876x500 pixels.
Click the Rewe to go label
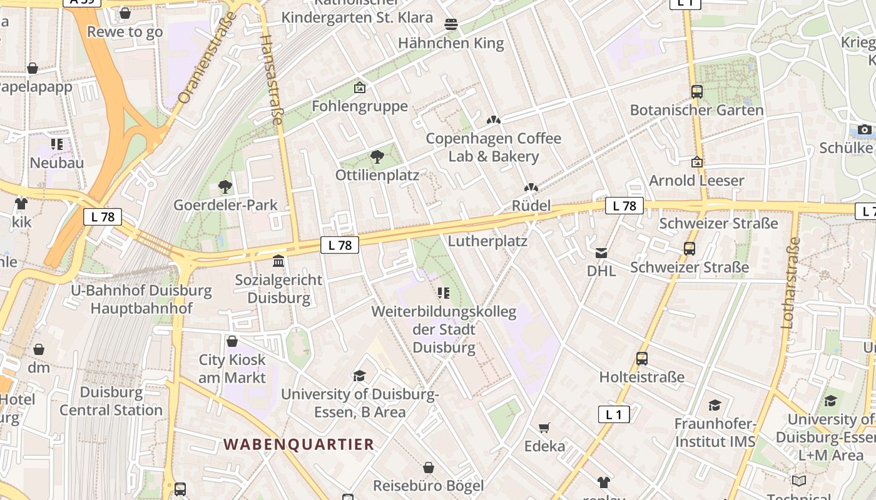[125, 32]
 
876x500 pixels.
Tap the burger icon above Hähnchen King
[451, 24]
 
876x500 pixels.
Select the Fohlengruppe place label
[360, 106]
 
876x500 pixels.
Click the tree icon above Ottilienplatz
[377, 157]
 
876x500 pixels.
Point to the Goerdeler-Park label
[225, 205]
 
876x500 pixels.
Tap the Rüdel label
[531, 206]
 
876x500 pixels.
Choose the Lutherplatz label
[488, 241]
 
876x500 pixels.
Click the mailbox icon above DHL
[601, 252]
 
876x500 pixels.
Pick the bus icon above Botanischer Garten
[697, 92]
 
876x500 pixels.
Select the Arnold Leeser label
[696, 181]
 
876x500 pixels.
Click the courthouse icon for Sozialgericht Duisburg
[278, 261]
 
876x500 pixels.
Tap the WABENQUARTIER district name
[299, 444]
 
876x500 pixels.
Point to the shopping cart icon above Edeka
[544, 428]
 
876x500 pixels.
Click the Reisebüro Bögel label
[429, 486]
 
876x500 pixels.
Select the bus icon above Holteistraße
[642, 359]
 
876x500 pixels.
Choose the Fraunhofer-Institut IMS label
[715, 432]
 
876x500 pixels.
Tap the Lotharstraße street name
[790, 282]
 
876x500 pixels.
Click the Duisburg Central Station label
[111, 401]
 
